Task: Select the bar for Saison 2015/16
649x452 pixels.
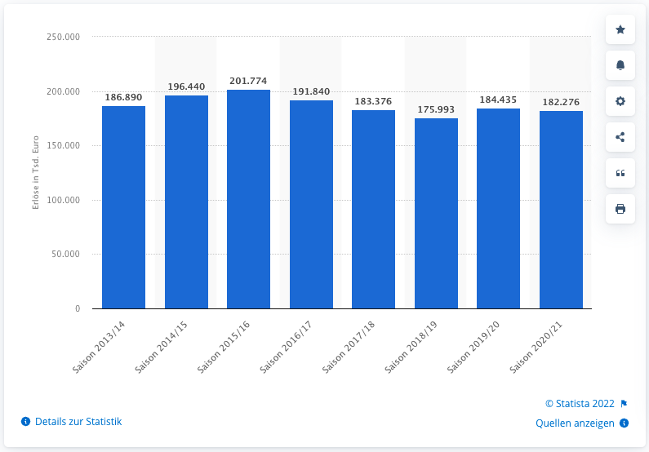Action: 248,199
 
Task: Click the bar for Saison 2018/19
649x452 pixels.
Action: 436,213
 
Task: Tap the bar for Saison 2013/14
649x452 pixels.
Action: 123,207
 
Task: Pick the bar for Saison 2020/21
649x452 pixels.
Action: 561,210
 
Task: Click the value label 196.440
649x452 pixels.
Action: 186,86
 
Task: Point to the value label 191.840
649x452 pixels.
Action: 311,91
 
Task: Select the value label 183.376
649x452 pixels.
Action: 373,101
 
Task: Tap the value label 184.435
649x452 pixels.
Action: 498,100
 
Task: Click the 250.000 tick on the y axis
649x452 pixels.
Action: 63,38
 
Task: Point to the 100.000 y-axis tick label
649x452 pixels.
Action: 63,200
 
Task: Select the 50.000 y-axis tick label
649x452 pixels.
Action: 65,255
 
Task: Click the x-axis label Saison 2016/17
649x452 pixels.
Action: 285,347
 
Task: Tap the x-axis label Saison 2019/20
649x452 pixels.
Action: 473,347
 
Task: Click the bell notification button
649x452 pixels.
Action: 620,65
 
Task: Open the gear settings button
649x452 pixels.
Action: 620,101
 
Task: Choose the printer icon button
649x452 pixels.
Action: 620,209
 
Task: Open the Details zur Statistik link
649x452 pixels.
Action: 72,422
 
